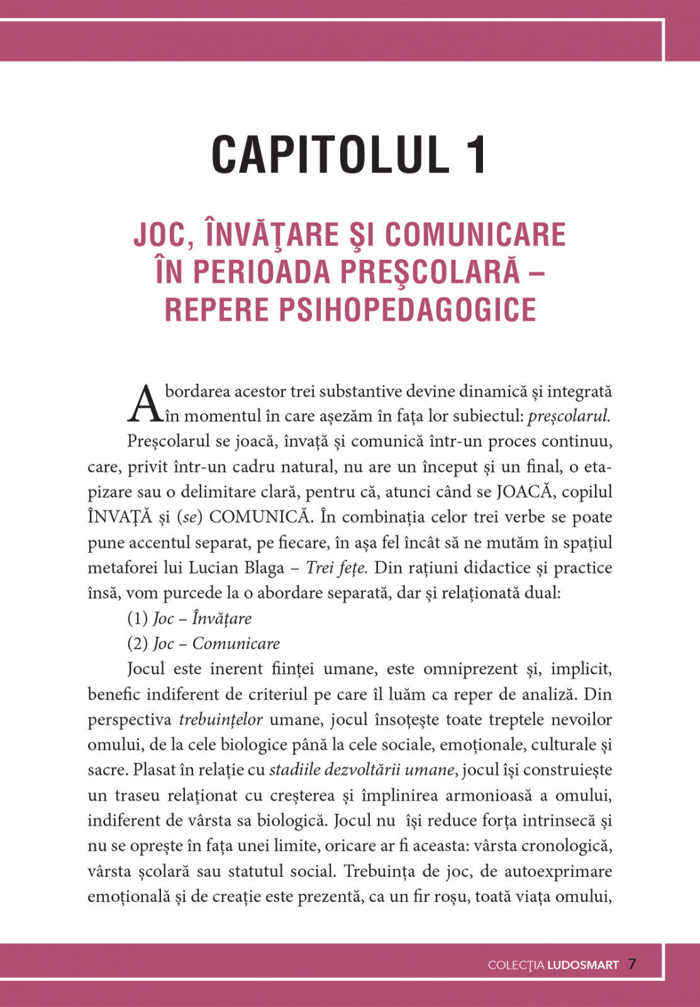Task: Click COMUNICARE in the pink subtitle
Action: (x=475, y=234)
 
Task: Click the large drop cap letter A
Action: (x=144, y=403)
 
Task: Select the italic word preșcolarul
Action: (x=569, y=416)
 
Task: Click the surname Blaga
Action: (x=262, y=568)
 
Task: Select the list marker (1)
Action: (x=137, y=619)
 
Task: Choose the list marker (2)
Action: (x=137, y=644)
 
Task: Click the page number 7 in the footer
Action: (x=632, y=964)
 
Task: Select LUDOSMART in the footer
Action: (x=583, y=965)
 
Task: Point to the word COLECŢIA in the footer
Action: (x=516, y=965)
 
